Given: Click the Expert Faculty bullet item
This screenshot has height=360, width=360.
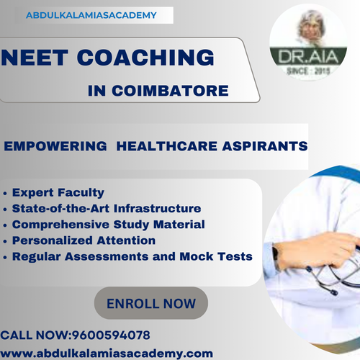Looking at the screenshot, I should (58, 193).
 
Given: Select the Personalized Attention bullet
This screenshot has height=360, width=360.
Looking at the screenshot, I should (84, 240).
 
